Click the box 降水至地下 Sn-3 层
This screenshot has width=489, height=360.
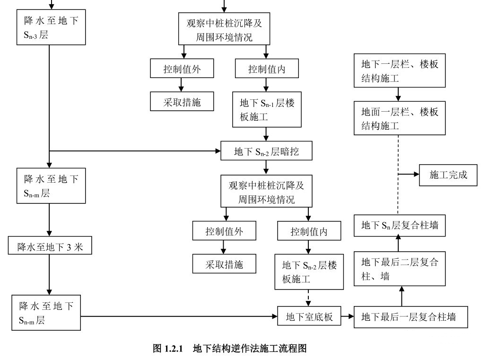click(51, 27)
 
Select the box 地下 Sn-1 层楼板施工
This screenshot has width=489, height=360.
click(267, 110)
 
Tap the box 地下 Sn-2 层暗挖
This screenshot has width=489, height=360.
click(266, 151)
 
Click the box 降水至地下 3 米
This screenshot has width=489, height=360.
click(49, 246)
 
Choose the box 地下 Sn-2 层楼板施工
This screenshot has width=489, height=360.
click(309, 272)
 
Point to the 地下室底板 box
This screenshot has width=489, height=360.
click(309, 316)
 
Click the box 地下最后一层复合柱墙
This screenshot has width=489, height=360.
click(411, 316)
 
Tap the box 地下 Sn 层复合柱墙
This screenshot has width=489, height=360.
click(400, 225)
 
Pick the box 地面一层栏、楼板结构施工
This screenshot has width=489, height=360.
click(400, 118)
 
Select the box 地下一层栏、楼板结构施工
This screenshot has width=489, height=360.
click(400, 70)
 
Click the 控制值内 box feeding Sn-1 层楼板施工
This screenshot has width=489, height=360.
click(267, 70)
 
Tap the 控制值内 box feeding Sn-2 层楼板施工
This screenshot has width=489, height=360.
click(309, 232)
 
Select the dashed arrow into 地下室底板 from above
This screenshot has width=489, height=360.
click(309, 298)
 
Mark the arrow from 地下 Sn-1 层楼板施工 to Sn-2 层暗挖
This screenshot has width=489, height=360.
click(267, 134)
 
